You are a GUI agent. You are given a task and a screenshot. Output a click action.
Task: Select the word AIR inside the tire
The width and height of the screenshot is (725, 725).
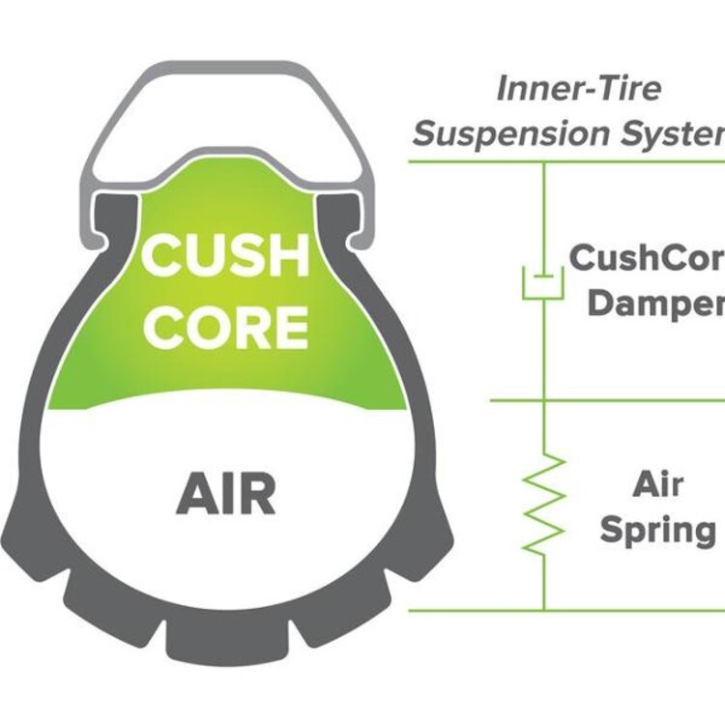[226, 494]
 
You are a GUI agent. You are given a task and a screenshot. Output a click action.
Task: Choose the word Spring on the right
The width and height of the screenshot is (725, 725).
[657, 529]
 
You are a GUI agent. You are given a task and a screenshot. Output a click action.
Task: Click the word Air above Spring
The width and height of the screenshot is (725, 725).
[658, 484]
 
